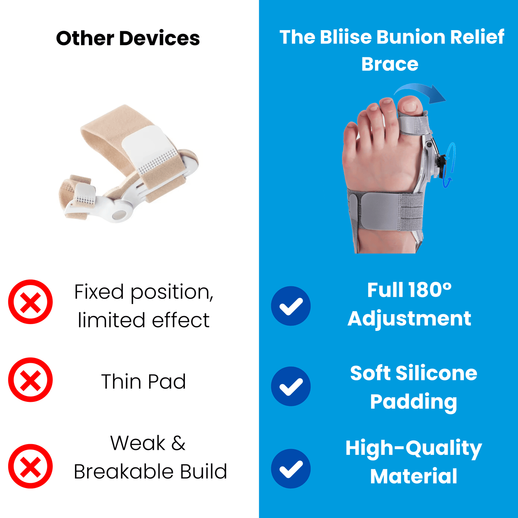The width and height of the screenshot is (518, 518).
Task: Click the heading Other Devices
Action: pos(128,38)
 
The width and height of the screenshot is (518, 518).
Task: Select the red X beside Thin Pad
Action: pos(30,380)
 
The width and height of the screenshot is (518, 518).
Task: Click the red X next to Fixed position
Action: pos(30,301)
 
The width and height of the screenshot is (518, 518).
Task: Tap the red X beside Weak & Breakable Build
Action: pos(30,466)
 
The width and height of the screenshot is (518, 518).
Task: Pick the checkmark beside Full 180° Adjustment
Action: pos(291,306)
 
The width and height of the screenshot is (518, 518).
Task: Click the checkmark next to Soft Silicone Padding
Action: pos(291,386)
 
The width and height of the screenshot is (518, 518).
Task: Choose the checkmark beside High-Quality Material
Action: pos(291,469)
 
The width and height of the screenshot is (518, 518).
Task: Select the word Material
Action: pos(413,476)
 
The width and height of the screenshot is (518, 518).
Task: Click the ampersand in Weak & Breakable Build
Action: pos(178,443)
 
